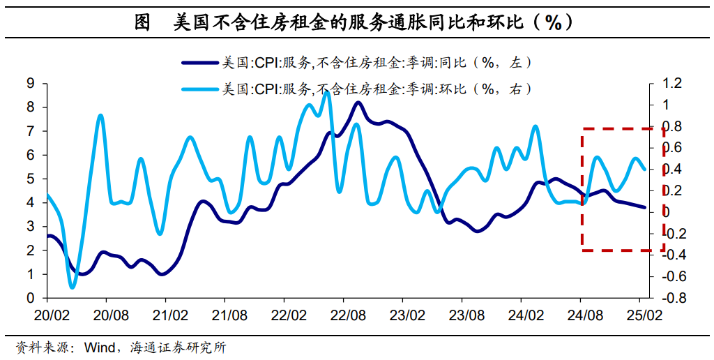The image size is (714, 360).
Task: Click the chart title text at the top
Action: click(356, 22)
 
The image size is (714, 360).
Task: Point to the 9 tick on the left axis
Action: click(30, 84)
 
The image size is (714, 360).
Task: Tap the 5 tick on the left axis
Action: click(30, 179)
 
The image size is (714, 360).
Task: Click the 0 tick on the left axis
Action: click(30, 299)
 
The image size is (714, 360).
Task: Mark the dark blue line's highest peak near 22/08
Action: click(358, 103)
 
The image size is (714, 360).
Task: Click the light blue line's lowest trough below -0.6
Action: click(73, 287)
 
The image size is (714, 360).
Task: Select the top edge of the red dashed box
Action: click(623, 129)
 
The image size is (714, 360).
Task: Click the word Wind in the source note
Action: click(98, 347)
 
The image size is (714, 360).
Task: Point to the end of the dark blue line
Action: click(644, 207)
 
